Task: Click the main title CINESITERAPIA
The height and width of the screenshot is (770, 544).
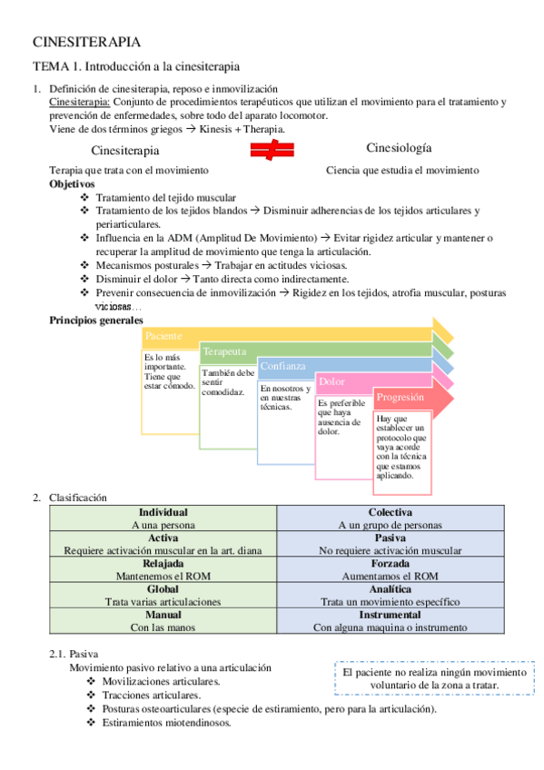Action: (86, 42)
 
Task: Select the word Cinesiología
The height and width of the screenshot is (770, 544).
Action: (399, 148)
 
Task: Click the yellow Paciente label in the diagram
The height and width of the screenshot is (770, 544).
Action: (164, 336)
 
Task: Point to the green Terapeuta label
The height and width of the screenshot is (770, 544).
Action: (224, 350)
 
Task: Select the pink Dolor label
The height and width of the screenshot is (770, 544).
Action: (331, 381)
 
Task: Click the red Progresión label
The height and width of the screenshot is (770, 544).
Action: (400, 397)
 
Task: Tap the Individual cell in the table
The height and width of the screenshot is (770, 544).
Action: (163, 512)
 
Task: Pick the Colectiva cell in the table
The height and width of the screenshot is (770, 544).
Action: (391, 512)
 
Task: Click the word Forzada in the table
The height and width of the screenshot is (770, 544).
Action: (391, 563)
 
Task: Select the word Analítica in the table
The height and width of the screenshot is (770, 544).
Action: (391, 588)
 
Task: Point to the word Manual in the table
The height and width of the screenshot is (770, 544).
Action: (163, 614)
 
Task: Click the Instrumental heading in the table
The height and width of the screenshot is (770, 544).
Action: (391, 614)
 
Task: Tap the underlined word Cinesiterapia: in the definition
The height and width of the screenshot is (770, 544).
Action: (79, 102)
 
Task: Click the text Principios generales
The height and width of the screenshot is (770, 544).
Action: (95, 320)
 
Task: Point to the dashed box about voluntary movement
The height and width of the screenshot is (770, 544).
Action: (434, 679)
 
